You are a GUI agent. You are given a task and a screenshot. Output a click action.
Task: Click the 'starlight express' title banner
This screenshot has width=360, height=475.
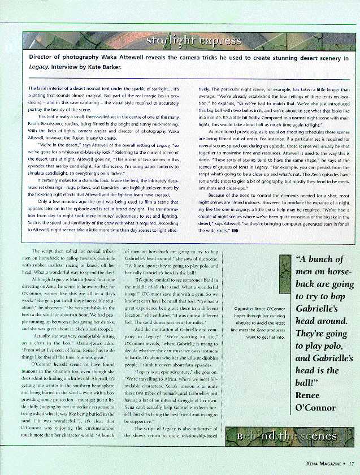tap(193, 41)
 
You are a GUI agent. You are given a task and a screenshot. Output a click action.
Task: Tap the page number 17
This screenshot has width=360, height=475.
tap(351, 466)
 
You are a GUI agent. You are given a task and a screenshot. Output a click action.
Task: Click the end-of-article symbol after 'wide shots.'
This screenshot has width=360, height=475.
tap(233, 231)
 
